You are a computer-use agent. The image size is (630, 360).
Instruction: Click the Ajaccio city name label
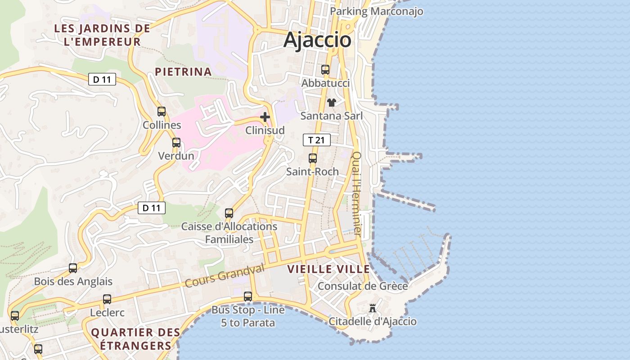[x=317, y=40]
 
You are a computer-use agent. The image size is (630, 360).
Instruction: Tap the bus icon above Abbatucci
[x=325, y=70]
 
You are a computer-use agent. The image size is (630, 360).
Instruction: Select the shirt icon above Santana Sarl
[x=332, y=103]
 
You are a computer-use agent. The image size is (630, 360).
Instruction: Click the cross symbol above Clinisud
[x=265, y=117]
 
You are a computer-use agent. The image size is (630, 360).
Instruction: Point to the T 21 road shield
[x=317, y=140]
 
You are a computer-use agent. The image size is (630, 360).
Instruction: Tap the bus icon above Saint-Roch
[x=313, y=158]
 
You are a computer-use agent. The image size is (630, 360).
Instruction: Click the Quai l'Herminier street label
[x=356, y=193]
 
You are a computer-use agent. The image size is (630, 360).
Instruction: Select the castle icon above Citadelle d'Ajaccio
[x=373, y=308]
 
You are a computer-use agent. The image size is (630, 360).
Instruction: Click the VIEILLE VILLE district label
[x=328, y=270]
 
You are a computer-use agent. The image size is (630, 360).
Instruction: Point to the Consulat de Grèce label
[x=363, y=286]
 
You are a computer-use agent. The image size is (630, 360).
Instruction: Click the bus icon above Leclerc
[x=107, y=299]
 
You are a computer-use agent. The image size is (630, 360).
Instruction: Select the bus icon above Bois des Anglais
[x=73, y=268]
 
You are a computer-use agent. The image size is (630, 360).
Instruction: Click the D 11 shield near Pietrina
[x=102, y=80]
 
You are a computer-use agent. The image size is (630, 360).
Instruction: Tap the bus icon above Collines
[x=162, y=112]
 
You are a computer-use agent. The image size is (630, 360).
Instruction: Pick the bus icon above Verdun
[x=176, y=143]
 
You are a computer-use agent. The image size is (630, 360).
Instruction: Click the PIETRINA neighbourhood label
[x=183, y=72]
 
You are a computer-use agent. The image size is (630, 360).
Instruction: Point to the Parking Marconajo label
[x=377, y=11]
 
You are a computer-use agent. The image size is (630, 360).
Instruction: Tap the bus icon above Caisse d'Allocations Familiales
[x=229, y=213]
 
